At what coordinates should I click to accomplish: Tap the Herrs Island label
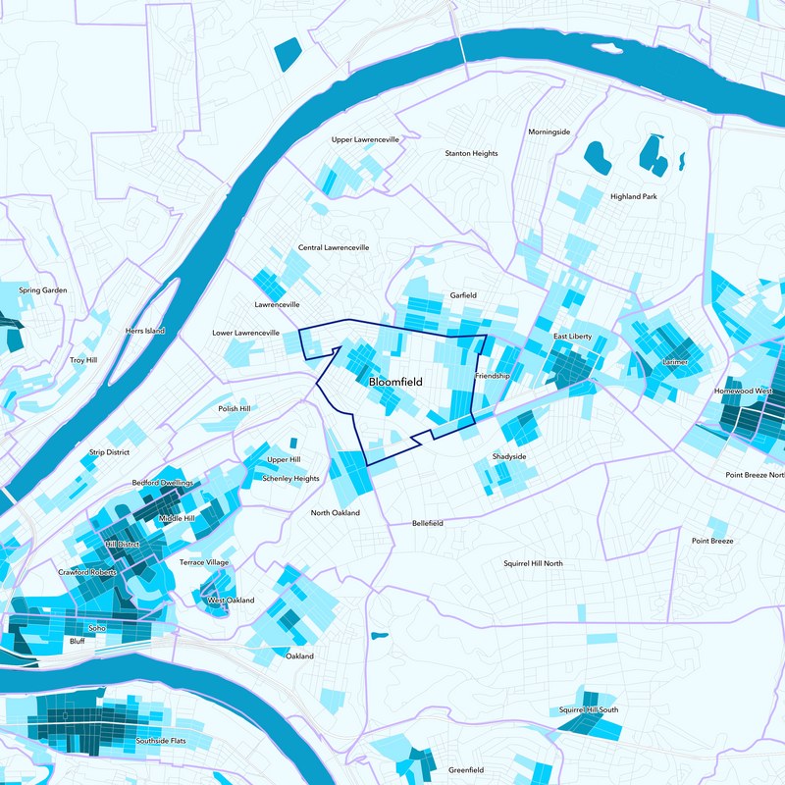pos(145,332)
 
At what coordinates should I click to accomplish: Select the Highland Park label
pos(633,196)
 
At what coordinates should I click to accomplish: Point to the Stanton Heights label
pos(471,154)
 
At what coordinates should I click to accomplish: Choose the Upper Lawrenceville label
pos(365,140)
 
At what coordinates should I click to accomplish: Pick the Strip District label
pos(110,452)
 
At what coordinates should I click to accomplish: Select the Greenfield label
pos(465,770)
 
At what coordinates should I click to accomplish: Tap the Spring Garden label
pos(43,290)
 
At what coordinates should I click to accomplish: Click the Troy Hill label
pos(83,361)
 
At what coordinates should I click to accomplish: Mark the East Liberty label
pos(572,337)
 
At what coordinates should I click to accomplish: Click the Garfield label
pos(463,295)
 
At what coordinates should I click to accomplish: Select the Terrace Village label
pos(204,562)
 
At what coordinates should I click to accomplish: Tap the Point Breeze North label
pos(755,475)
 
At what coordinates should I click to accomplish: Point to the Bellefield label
pos(428,524)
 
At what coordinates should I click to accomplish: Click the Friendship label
pos(492,376)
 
